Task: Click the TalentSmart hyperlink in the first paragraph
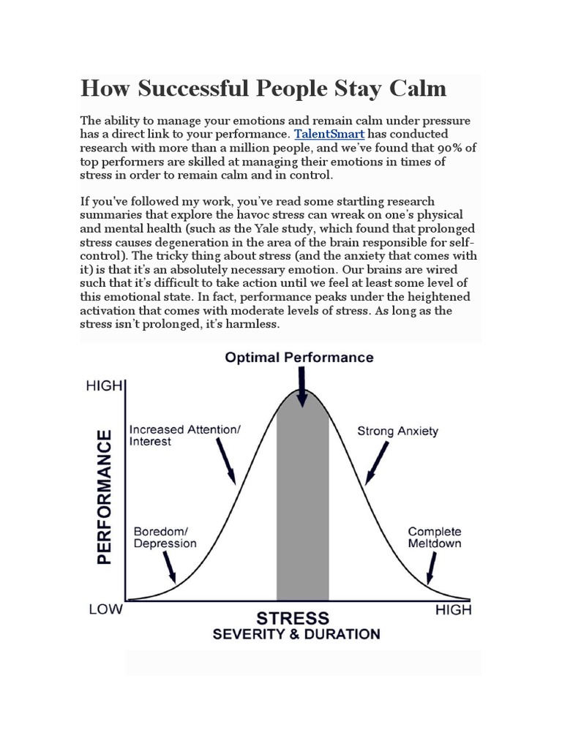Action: pyautogui.click(x=329, y=135)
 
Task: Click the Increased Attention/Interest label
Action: pyautogui.click(x=184, y=436)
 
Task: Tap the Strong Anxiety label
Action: pyautogui.click(x=397, y=431)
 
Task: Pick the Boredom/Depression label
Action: pyautogui.click(x=165, y=538)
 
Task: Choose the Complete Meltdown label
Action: pyautogui.click(x=435, y=538)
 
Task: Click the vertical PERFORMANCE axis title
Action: pyautogui.click(x=105, y=497)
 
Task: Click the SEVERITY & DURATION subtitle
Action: pyautogui.click(x=296, y=633)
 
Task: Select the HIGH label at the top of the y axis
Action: pyautogui.click(x=103, y=385)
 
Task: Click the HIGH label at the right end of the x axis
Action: pyautogui.click(x=454, y=609)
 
